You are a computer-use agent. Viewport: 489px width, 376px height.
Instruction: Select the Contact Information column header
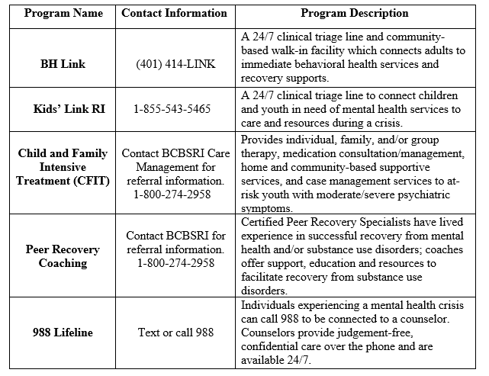(174, 13)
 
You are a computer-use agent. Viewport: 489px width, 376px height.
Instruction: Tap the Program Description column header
(354, 13)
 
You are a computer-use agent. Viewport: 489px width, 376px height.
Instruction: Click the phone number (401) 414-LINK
(174, 63)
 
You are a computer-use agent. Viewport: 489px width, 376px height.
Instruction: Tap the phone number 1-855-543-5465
(174, 109)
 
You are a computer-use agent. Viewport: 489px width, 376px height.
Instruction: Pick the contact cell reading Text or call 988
(174, 332)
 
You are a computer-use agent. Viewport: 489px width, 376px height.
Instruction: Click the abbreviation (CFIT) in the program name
(88, 182)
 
